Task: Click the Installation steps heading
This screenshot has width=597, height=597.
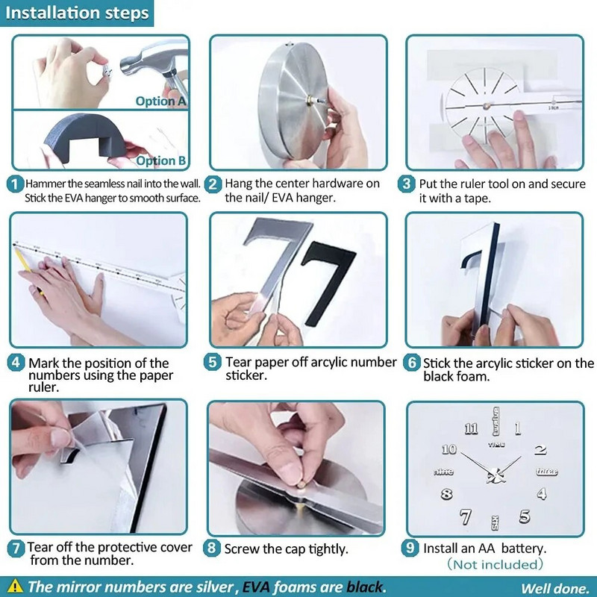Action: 77,13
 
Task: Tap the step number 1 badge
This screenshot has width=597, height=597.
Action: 15,184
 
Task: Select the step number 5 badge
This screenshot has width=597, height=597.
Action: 212,362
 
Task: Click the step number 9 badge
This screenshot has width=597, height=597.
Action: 410,548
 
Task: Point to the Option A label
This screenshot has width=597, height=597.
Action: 160,101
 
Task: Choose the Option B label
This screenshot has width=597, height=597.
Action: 161,160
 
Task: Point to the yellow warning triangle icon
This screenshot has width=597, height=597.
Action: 14,586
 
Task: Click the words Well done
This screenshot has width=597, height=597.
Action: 554,588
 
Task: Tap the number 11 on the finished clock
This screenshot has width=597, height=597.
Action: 471,429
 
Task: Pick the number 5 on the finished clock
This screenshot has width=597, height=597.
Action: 525,516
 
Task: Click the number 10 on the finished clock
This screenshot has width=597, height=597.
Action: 449,449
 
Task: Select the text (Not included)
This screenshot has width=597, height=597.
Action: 495,564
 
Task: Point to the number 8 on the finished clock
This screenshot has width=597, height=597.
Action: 446,494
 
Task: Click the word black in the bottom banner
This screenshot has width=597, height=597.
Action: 364,587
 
